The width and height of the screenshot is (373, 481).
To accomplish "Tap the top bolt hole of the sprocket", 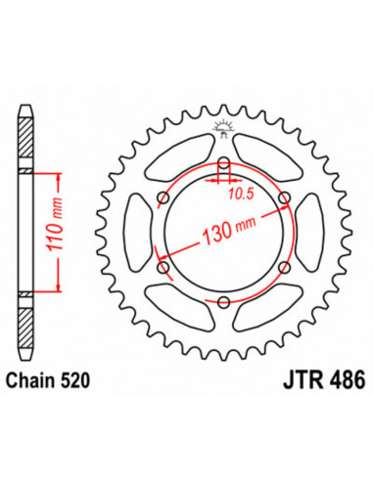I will pyautogui.click(x=224, y=162).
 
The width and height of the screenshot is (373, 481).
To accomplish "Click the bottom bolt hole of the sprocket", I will pyautogui.click(x=224, y=299).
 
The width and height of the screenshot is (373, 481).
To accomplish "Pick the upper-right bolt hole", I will pyautogui.click(x=284, y=197).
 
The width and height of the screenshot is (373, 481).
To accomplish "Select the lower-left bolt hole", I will pyautogui.click(x=164, y=266).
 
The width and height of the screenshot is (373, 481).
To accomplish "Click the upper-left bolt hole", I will pyautogui.click(x=164, y=197).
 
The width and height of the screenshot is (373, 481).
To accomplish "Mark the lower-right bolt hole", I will pyautogui.click(x=284, y=266).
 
